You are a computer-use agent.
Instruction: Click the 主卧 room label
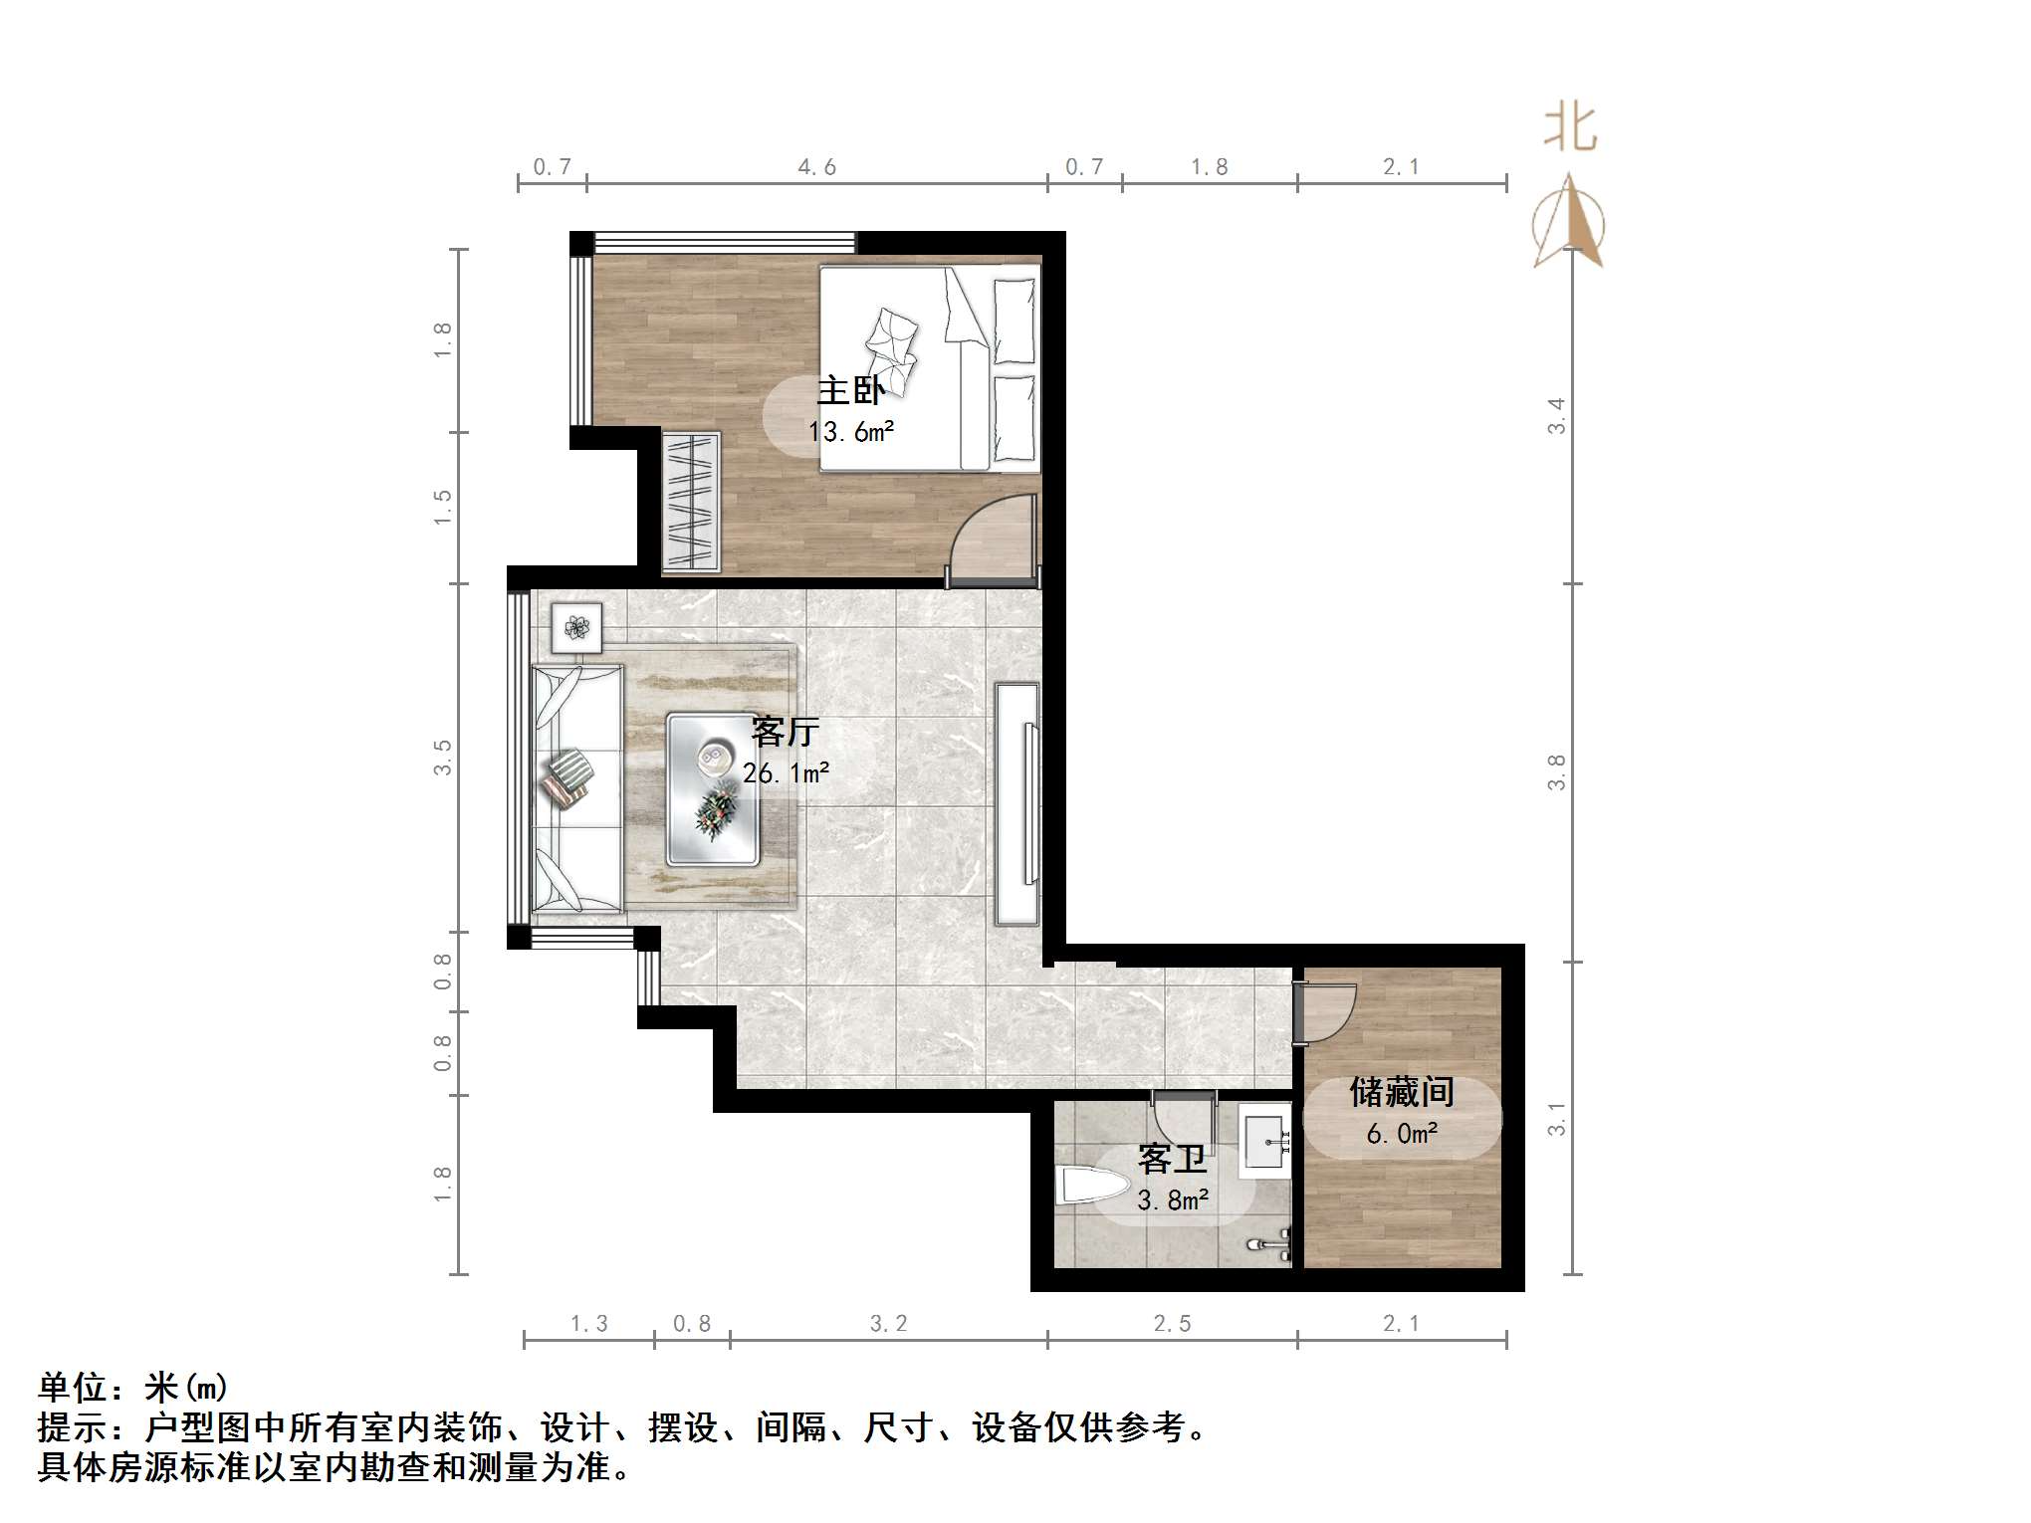click(x=850, y=390)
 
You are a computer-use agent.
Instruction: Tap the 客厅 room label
click(x=786, y=732)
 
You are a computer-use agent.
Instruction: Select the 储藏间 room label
click(x=1401, y=1092)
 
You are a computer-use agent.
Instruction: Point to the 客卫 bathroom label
click(x=1172, y=1159)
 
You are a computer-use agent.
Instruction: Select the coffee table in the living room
click(x=714, y=787)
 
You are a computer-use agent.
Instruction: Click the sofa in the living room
click(x=577, y=787)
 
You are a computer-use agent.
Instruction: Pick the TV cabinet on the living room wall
click(x=1017, y=802)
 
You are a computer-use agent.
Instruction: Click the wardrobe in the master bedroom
click(x=691, y=502)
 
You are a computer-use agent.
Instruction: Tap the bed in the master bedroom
click(x=929, y=367)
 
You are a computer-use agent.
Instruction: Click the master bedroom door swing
click(x=991, y=538)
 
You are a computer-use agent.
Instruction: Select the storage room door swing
click(x=1325, y=1012)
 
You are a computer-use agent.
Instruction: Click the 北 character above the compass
click(x=1571, y=128)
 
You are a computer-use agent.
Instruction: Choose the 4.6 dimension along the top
click(x=816, y=167)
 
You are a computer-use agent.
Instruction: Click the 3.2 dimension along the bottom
click(x=888, y=1324)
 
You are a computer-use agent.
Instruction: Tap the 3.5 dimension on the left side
click(x=443, y=758)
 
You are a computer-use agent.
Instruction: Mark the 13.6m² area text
click(x=851, y=432)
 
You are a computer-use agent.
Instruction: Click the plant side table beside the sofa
click(x=576, y=627)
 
